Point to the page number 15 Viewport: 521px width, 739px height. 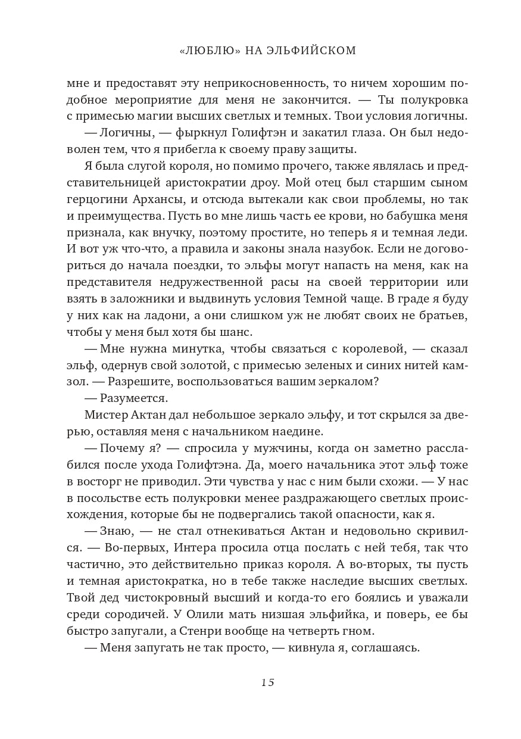(267, 682)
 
